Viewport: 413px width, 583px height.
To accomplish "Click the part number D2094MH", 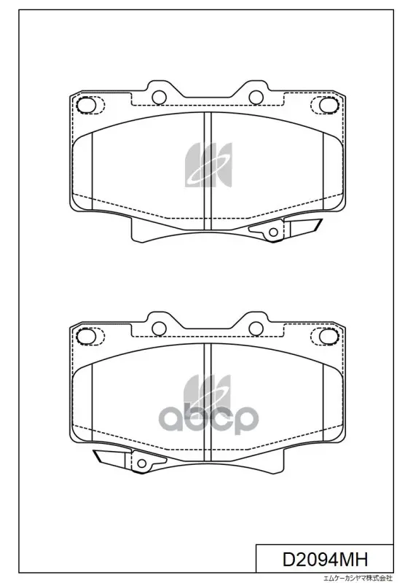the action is tap(325, 558).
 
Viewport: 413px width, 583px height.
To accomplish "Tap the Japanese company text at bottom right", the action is tap(357, 579).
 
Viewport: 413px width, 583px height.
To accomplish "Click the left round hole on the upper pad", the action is tap(159, 97).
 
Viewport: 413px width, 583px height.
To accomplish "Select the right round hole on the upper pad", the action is tap(256, 97).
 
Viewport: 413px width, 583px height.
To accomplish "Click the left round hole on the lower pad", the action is tap(159, 329).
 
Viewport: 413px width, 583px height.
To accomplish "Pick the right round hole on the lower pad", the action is tap(256, 329).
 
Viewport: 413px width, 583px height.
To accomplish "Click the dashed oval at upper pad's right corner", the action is tap(325, 104).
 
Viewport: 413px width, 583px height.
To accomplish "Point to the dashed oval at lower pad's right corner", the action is tap(325, 336).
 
